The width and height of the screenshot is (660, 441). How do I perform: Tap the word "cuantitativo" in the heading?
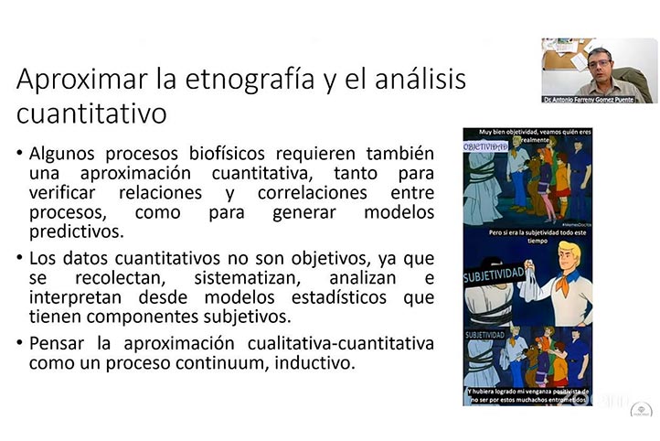click(x=91, y=114)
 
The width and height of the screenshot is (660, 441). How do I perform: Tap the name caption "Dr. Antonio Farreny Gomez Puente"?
click(x=598, y=98)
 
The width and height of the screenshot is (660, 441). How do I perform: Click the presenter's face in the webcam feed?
click(x=599, y=62)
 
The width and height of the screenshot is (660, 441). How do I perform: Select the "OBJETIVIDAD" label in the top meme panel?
click(x=486, y=146)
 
